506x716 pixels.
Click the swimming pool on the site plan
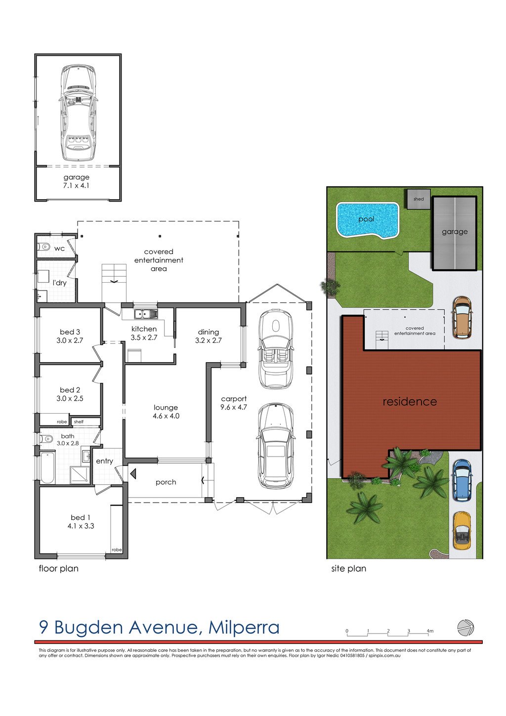point(367,219)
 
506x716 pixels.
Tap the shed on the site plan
point(419,199)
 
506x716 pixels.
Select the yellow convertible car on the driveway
point(462,530)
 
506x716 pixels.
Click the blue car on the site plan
point(462,480)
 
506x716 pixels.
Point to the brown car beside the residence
point(462,317)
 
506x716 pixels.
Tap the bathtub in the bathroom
point(47,467)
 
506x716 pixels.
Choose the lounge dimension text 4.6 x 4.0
point(166,416)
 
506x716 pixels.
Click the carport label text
point(234,399)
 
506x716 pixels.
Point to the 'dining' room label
point(208,332)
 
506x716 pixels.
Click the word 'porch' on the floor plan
point(166,482)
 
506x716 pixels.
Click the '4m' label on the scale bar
point(430,631)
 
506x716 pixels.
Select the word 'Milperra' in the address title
point(244,628)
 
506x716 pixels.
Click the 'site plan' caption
point(348,569)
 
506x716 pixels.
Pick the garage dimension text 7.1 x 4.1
point(77,186)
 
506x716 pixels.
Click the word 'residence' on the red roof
point(410,402)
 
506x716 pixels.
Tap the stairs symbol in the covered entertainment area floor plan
point(114,274)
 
